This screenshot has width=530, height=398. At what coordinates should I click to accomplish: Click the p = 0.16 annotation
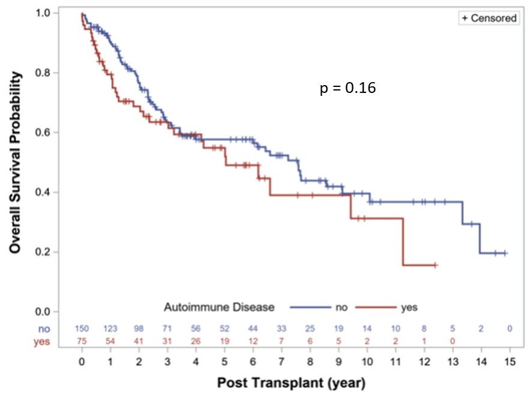[x=348, y=89]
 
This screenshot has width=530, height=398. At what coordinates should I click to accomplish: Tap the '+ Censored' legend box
[x=488, y=18]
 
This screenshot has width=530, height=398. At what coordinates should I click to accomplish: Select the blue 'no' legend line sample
[x=308, y=307]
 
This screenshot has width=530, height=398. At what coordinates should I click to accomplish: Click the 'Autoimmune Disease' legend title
[x=219, y=307]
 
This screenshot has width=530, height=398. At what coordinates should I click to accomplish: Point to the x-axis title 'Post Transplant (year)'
[x=291, y=382]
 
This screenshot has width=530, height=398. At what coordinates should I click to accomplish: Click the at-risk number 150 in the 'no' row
[x=82, y=328]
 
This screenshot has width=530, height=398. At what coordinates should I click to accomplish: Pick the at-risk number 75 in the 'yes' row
[x=82, y=341]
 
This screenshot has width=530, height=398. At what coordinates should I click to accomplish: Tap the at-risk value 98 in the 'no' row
[x=139, y=328]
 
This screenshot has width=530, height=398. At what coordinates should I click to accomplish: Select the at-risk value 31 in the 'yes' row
[x=167, y=341]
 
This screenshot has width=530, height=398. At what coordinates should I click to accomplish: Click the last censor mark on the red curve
[x=435, y=264]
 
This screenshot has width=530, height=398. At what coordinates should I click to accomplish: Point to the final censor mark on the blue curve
[x=505, y=253]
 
